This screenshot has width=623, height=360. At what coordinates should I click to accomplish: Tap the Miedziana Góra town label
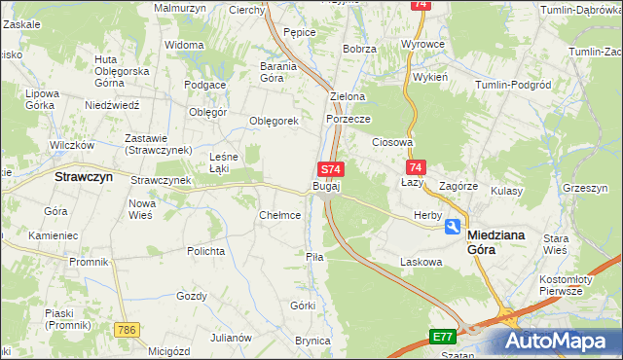(x=497, y=241)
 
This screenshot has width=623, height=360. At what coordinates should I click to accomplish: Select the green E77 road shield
(x=443, y=337)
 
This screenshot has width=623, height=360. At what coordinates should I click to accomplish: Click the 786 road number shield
(x=125, y=330)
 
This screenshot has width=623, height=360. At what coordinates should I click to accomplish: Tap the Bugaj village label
(x=326, y=185)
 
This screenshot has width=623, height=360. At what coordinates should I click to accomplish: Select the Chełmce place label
(x=279, y=215)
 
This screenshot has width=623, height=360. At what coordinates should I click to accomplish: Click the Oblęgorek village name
(x=274, y=121)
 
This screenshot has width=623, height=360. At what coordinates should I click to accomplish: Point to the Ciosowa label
(x=393, y=142)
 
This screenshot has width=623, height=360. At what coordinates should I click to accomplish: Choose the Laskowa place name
(x=421, y=262)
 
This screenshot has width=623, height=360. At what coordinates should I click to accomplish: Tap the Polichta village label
(x=206, y=250)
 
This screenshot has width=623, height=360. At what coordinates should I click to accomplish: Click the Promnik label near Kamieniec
(x=89, y=262)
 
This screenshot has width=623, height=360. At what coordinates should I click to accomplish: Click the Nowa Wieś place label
(x=143, y=208)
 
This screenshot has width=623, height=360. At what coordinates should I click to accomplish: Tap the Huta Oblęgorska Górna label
(x=121, y=71)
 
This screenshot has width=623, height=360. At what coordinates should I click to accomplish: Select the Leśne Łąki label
(x=226, y=162)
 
